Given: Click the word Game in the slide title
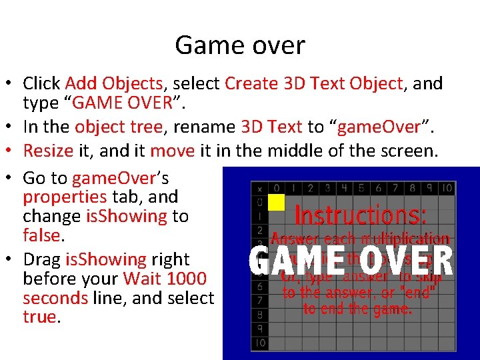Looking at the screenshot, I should point(205,45).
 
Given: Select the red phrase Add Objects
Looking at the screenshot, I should point(114,83).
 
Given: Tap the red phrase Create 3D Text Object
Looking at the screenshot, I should point(314,83).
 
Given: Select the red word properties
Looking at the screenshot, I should point(65,197).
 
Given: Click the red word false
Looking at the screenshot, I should point(41,235).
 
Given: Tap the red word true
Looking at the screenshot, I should point(40,317).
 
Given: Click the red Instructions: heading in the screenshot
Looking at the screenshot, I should point(360,215).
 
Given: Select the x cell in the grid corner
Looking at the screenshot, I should point(259,189).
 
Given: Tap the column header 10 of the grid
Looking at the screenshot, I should point(446,188).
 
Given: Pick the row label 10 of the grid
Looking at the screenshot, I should point(259,343).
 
